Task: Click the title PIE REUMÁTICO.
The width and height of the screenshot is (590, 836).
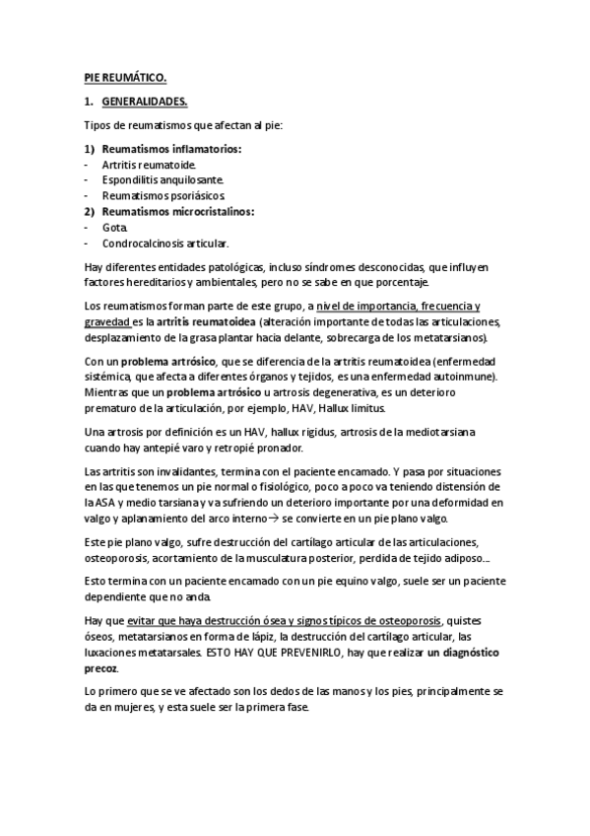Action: [x=124, y=76]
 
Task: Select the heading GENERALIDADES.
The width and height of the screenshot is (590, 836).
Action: [x=145, y=101]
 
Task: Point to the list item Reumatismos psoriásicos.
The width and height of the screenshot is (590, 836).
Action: [x=157, y=196]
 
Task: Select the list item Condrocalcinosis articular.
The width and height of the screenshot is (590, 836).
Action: [x=164, y=243]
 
